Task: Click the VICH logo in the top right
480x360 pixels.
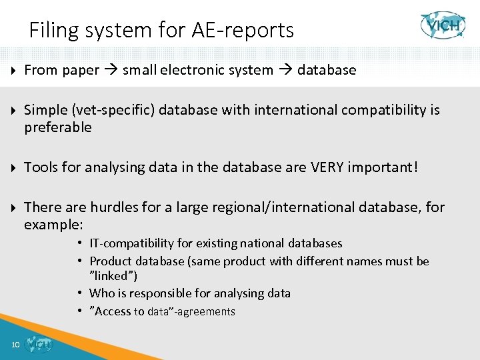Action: (443, 25)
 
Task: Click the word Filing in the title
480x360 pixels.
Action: (53, 31)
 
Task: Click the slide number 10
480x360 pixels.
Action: (15, 345)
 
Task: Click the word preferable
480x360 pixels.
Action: (58, 127)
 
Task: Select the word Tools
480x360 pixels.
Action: (43, 167)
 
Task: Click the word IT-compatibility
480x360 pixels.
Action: (133, 243)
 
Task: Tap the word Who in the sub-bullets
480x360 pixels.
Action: (101, 293)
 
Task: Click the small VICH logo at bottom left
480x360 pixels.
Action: (37, 344)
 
